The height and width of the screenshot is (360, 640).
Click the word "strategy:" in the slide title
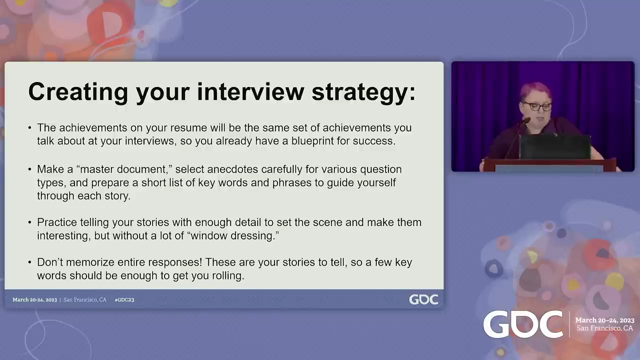(363, 92)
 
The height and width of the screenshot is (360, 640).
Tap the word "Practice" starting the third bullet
(57, 222)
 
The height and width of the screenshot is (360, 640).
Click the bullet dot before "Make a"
(29, 169)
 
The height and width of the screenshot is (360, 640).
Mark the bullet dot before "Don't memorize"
(29, 262)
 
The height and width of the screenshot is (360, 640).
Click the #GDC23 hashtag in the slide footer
(124, 299)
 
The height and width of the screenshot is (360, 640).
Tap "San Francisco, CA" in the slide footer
(85, 299)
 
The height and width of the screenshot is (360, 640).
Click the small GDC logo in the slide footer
(423, 299)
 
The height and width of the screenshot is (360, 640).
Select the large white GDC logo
(523, 324)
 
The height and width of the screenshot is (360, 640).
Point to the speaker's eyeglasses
(537, 106)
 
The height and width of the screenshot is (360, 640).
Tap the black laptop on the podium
(555, 146)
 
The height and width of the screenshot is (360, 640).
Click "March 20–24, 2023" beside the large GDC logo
(604, 320)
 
